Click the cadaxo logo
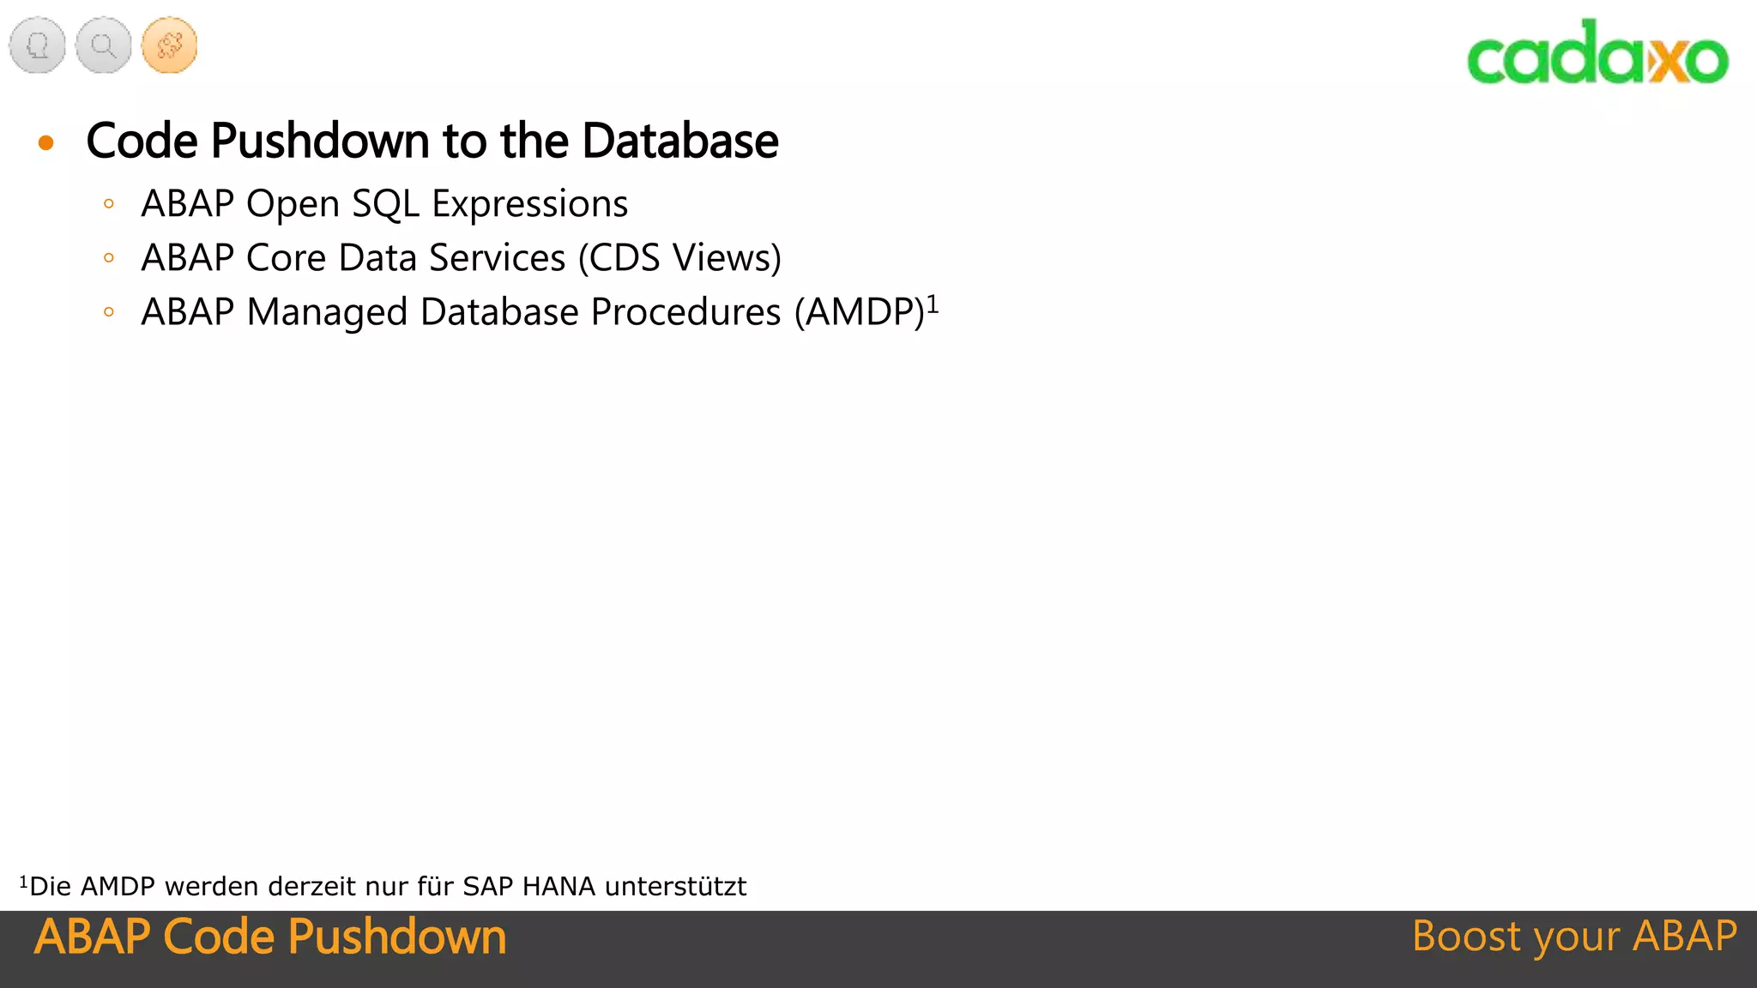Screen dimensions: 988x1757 click(x=1597, y=54)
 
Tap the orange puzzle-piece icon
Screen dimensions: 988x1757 click(x=169, y=45)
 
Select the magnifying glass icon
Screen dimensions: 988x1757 click(x=103, y=45)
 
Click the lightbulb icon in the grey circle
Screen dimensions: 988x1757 click(x=38, y=45)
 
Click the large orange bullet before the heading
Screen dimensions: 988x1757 click(x=46, y=142)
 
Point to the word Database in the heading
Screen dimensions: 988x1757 click(x=679, y=141)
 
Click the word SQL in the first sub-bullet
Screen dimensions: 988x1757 click(x=385, y=204)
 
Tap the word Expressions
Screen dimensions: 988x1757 click(x=529, y=204)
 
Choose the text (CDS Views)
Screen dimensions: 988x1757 click(x=679, y=258)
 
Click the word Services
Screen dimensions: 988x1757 click(x=498, y=258)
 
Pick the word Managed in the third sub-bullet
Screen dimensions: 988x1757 click(x=327, y=312)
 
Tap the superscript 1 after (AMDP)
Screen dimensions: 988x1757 click(x=933, y=304)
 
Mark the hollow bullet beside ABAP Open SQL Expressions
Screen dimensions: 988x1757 click(x=109, y=204)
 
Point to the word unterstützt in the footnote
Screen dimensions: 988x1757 click(x=675, y=886)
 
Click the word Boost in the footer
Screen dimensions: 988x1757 click(x=1466, y=936)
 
